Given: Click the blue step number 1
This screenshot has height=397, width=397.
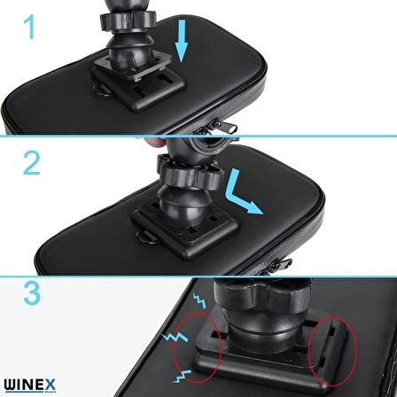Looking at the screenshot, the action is (x=30, y=27).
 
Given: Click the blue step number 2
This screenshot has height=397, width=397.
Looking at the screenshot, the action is (x=32, y=162).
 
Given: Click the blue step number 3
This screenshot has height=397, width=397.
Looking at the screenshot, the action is (x=32, y=293).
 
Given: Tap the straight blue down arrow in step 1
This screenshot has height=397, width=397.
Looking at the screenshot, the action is (x=182, y=42).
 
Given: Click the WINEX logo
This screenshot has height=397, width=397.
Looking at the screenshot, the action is (x=30, y=385).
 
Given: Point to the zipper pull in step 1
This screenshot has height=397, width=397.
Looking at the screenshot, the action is (x=225, y=127).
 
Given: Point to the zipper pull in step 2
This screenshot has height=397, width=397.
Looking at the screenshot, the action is (x=281, y=265).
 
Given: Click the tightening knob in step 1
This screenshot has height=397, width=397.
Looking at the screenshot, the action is (x=128, y=20).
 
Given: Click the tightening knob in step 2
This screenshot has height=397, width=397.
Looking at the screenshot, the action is (x=189, y=175).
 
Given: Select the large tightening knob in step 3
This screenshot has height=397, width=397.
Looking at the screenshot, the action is (x=262, y=294).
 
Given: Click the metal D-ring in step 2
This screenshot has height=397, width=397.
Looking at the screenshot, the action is (x=146, y=237).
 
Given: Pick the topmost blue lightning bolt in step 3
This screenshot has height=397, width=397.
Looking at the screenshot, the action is (x=199, y=300).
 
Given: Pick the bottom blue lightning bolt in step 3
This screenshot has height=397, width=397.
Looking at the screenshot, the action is (x=182, y=376).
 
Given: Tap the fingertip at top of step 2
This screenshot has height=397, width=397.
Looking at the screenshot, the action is (x=156, y=142).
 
